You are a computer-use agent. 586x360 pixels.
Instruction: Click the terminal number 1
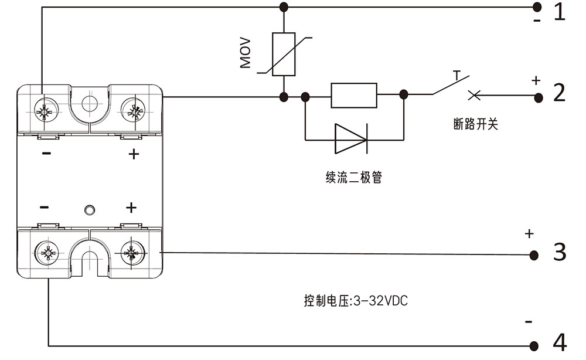click(560, 12)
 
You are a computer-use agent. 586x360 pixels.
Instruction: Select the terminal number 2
click(560, 93)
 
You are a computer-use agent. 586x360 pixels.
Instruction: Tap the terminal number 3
click(560, 252)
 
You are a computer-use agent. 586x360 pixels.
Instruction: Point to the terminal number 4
click(560, 342)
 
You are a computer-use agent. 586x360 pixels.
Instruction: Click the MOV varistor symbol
click(284, 55)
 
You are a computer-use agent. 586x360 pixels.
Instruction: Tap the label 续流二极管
click(353, 178)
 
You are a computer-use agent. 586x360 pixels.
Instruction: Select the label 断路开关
click(475, 124)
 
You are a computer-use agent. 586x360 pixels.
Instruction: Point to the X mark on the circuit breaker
click(473, 94)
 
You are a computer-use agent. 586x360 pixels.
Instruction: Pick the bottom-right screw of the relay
click(132, 254)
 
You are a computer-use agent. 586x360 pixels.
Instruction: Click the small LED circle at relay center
click(89, 210)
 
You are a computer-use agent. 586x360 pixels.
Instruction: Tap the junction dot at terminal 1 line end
click(536, 7)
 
